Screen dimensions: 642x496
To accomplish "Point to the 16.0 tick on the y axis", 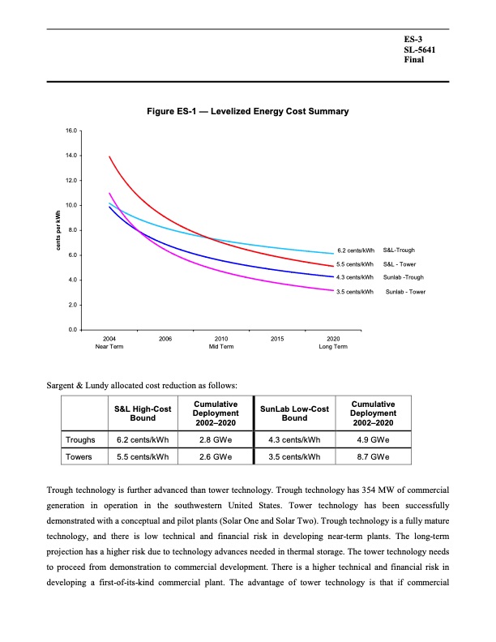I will point(71,130).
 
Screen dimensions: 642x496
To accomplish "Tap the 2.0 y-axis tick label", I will point(71,305).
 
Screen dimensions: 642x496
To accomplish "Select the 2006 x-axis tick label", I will point(165,338).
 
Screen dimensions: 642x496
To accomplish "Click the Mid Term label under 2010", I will point(220,347).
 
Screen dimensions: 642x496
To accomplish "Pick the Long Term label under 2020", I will point(333,347).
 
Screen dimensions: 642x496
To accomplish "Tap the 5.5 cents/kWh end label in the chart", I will point(353,264).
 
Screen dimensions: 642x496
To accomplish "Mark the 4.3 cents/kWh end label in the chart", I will point(353,277).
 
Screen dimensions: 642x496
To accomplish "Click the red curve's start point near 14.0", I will point(109,156).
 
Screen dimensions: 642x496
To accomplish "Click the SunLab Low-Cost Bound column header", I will point(294,413).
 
